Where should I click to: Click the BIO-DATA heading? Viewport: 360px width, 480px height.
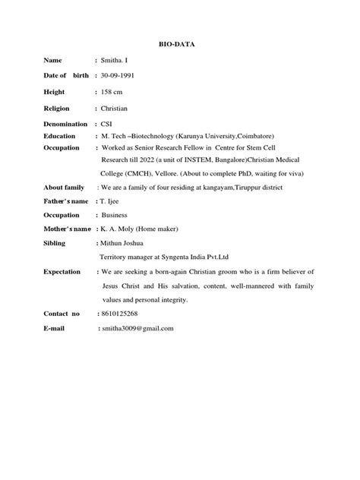click(180, 45)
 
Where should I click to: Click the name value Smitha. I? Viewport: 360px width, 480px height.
click(116, 60)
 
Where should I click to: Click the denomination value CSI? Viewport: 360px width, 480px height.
click(108, 125)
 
